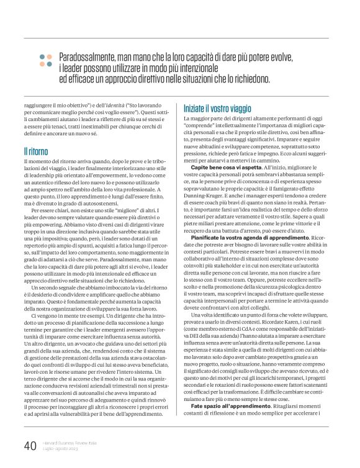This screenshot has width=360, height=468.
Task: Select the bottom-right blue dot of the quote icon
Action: [x=50, y=63]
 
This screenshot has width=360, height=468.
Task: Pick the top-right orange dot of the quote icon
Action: [x=50, y=55]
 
